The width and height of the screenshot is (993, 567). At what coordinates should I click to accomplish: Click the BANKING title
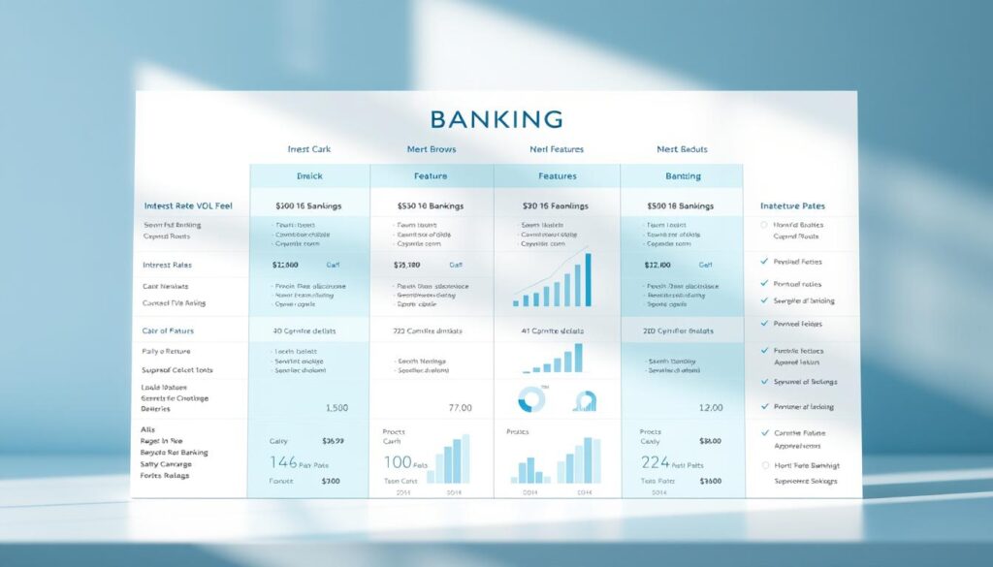(x=496, y=119)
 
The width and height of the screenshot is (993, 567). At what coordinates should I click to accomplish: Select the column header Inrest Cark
(x=309, y=149)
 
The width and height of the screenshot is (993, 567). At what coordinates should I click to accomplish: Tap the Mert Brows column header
(x=432, y=149)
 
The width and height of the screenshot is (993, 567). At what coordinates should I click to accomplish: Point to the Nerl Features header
(x=557, y=149)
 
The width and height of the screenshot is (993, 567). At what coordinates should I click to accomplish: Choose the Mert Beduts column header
(x=682, y=149)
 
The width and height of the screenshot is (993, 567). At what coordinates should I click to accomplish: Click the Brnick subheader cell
(x=309, y=176)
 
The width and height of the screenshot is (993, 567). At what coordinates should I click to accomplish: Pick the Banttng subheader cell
(x=682, y=176)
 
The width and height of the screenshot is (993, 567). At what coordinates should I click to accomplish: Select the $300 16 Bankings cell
(x=309, y=205)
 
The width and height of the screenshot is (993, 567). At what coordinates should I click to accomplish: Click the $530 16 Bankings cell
(x=432, y=205)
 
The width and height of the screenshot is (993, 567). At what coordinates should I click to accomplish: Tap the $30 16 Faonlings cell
(x=557, y=205)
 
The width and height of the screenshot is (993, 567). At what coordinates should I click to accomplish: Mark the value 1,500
(x=336, y=408)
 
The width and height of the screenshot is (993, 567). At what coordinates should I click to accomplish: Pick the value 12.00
(x=710, y=408)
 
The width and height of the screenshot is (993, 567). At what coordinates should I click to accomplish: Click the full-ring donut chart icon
(x=531, y=399)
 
